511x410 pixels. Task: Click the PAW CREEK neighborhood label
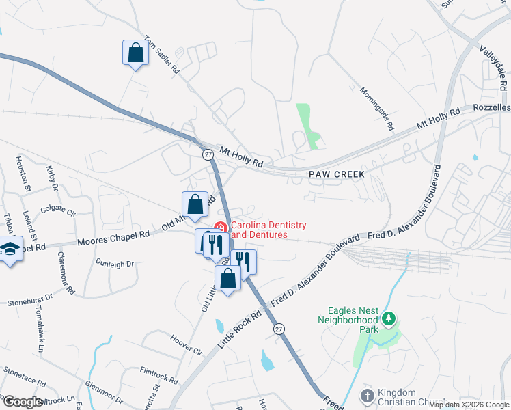(x=336, y=174)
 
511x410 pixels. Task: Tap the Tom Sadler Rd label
(x=162, y=55)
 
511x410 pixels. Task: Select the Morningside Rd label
(x=376, y=108)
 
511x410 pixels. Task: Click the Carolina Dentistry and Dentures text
(x=268, y=230)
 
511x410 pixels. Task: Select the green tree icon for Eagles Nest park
(x=388, y=319)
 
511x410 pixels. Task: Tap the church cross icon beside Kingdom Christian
(x=367, y=396)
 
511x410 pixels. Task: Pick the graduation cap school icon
(x=10, y=249)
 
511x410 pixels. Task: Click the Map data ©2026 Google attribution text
(x=469, y=405)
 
